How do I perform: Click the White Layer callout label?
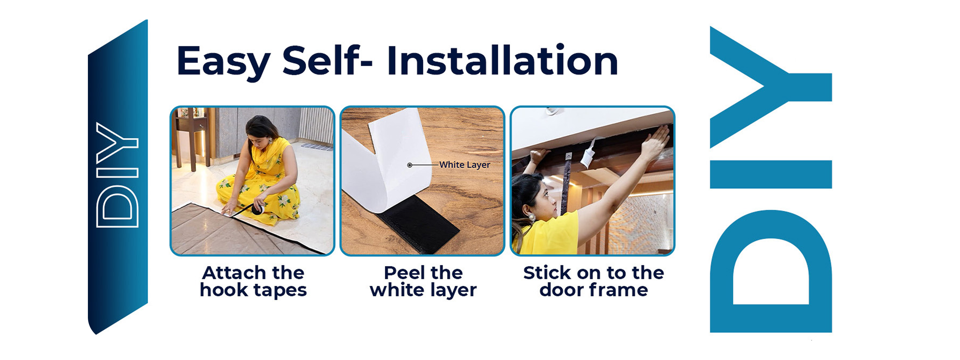tap(465, 165)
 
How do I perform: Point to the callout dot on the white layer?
tap(409, 165)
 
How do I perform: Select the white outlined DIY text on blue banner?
tap(117, 175)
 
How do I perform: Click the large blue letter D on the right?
tap(771, 271)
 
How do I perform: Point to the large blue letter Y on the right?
tap(771, 87)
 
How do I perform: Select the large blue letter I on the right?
tap(771, 174)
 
